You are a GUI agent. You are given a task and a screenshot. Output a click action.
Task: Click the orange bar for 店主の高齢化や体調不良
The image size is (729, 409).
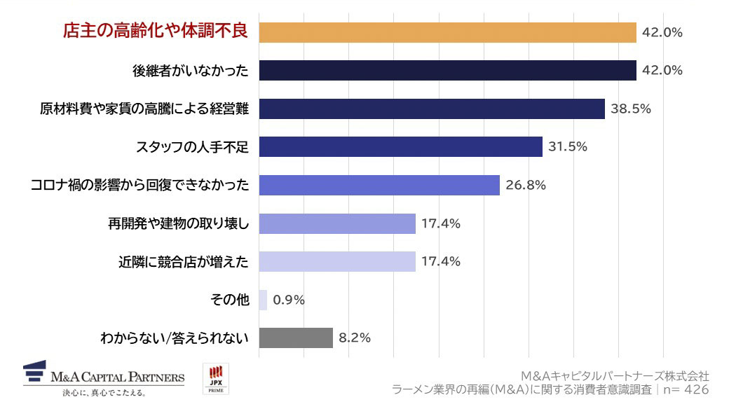[447, 32]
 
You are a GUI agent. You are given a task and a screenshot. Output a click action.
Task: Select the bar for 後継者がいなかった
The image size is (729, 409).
[447, 70]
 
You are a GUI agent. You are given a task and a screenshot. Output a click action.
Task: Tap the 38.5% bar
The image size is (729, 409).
[432, 109]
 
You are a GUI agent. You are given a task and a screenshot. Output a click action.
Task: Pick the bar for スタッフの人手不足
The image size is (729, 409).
[400, 146]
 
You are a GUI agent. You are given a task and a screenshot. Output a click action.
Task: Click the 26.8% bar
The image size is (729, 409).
[379, 185]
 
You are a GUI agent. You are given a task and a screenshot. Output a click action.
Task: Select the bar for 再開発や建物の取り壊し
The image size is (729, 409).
[337, 223]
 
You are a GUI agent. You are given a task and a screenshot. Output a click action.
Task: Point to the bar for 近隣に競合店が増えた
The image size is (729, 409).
[337, 261]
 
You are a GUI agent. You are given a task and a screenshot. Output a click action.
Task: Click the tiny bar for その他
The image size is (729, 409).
[263, 300]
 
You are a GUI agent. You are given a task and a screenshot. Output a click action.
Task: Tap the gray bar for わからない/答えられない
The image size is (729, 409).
[296, 338]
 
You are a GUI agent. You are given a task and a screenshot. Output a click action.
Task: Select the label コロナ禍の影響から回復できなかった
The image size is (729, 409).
[140, 185]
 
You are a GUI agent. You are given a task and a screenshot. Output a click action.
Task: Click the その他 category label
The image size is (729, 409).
[229, 300]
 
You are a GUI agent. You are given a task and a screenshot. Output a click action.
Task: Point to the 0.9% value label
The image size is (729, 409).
[289, 300]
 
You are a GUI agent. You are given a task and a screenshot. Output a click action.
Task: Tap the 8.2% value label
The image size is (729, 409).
[355, 338]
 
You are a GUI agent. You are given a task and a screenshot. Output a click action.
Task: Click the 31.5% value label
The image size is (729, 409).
[568, 146]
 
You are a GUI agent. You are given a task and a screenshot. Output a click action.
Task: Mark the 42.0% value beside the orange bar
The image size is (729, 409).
[662, 32]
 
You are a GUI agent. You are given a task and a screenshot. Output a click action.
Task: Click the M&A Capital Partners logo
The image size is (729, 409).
[103, 379]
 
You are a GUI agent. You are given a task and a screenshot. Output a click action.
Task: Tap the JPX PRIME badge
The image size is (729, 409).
[214, 379]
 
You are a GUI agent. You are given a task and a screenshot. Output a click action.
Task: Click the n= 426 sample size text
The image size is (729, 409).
[687, 389]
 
